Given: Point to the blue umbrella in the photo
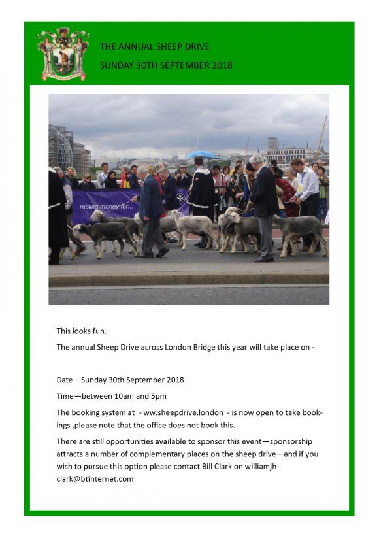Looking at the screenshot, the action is pyautogui.click(x=202, y=155).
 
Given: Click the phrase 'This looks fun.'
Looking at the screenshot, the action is pyautogui.click(x=82, y=331).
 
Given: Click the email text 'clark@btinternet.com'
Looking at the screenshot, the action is pyautogui.click(x=95, y=479).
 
